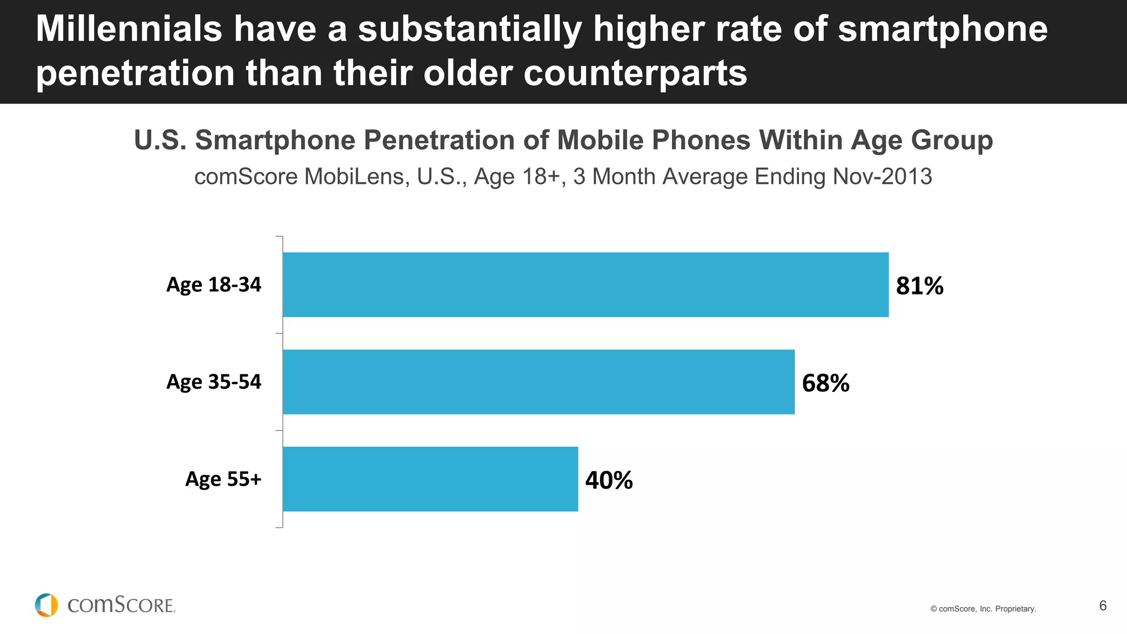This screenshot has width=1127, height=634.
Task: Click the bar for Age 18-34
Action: pos(586,285)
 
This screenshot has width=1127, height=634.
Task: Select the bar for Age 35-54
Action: pos(538,381)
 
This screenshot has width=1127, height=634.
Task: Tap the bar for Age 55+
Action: pos(430,479)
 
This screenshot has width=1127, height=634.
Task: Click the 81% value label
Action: pos(920,286)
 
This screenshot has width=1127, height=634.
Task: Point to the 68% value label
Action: pos(825,383)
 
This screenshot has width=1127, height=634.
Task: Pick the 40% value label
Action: pos(609,480)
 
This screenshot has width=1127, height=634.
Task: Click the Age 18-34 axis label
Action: pos(214,285)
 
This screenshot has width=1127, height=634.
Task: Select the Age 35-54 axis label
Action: pos(214,381)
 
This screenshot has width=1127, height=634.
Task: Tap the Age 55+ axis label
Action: pos(223,479)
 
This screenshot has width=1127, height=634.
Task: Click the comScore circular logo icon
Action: pos(46,605)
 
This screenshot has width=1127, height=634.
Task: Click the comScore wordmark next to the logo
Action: pos(121,605)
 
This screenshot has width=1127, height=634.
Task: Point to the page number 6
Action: pos(1103,605)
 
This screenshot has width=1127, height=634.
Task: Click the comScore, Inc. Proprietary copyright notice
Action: pos(983,609)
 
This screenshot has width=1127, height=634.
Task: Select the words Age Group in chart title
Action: pos(922,140)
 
